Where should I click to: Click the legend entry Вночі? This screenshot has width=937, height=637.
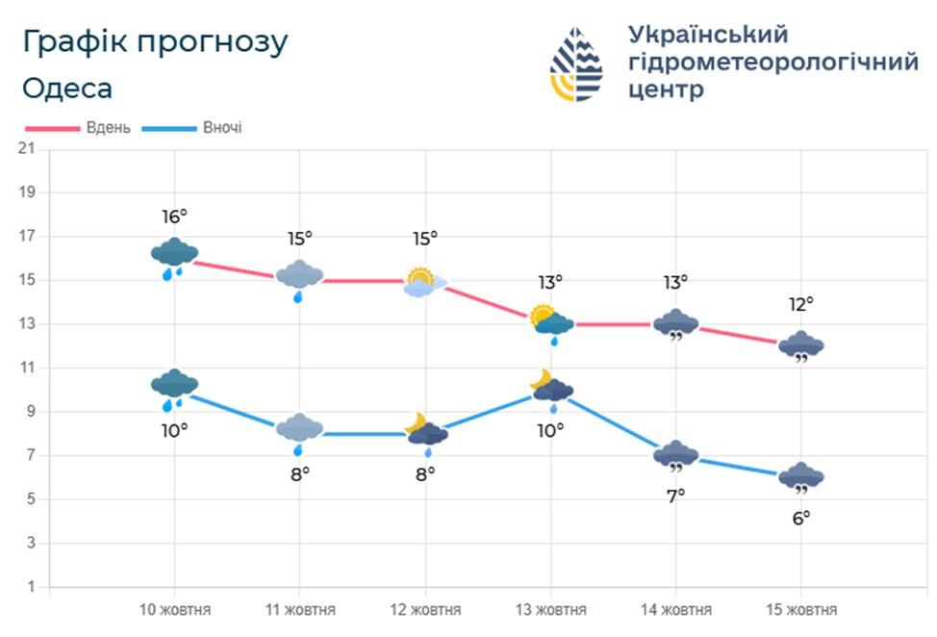tap(195, 128)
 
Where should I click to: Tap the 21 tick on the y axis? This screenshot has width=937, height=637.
tap(27, 148)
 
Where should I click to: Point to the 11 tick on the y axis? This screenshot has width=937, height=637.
tap(27, 368)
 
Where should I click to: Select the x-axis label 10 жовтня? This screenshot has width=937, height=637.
tap(174, 610)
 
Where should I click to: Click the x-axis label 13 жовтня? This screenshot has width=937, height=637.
tap(550, 610)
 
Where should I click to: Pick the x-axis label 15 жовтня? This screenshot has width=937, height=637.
tap(800, 610)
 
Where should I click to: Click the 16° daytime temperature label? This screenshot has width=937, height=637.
tap(174, 217)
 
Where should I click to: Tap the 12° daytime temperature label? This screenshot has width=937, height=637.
tap(800, 304)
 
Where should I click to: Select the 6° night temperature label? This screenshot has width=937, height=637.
tap(800, 517)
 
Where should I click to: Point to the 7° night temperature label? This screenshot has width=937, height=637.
tap(675, 496)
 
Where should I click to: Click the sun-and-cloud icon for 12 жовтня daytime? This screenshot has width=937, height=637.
tap(424, 282)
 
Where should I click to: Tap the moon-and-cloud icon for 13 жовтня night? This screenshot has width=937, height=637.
tap(550, 387)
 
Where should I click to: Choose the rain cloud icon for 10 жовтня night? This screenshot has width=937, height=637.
tap(174, 387)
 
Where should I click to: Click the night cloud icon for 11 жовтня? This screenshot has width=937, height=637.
tap(299, 430)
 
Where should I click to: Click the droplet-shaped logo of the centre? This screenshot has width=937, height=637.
tap(576, 64)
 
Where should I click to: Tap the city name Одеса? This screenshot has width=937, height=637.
tap(66, 89)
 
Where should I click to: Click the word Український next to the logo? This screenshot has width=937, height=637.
tap(707, 35)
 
